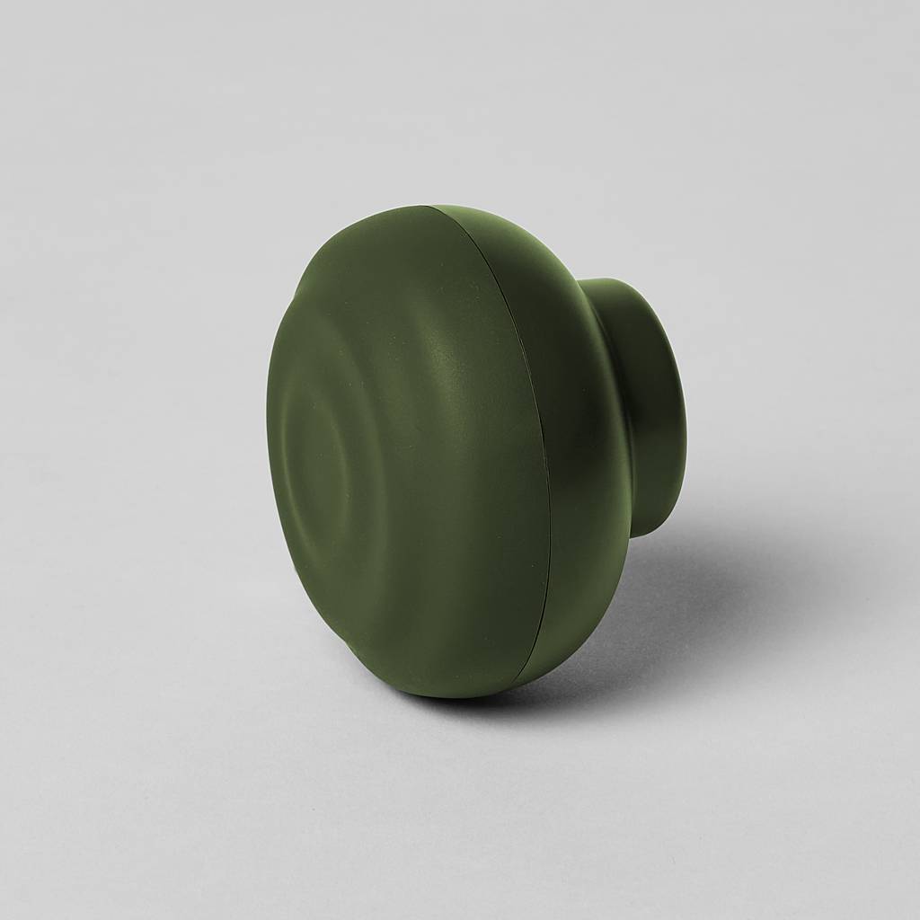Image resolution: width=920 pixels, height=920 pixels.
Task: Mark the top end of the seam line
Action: coord(429,208)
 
